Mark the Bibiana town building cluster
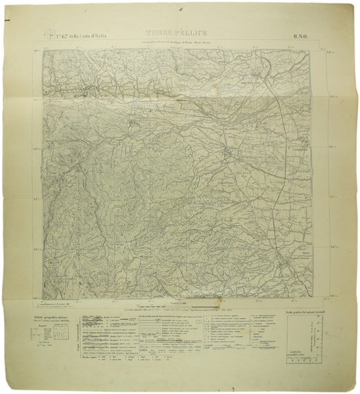click(229, 152)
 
